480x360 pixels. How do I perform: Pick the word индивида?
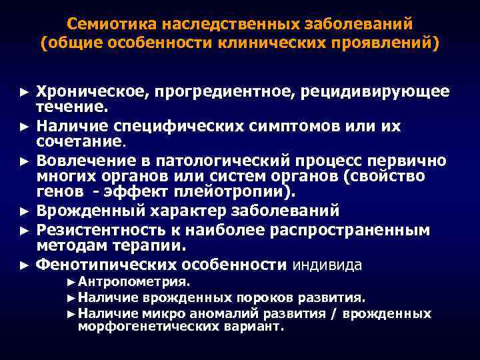tap(327, 264)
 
